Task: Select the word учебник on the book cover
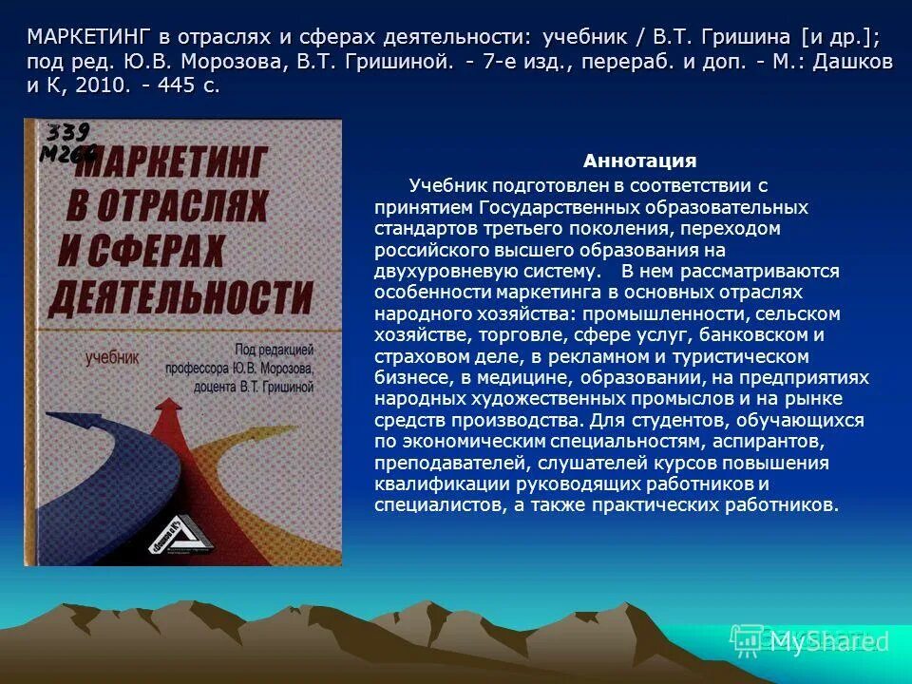coord(112,357)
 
